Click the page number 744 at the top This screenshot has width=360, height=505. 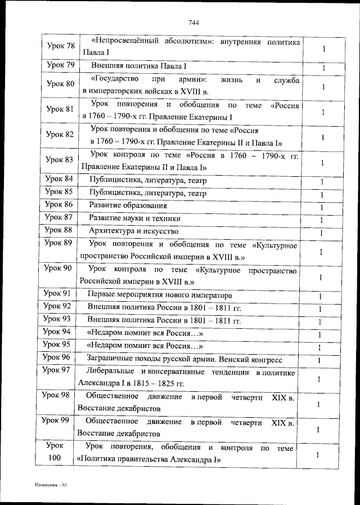pos(194,23)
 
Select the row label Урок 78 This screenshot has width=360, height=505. pos(59,46)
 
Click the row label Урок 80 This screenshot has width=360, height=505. pos(59,84)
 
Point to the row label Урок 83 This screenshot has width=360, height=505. pos(59,159)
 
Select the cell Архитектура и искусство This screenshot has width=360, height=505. pos(134,231)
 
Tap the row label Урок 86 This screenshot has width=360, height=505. pos(59,205)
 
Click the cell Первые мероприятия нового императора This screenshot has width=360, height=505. pos(159,295)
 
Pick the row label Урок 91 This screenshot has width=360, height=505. pos(58,294)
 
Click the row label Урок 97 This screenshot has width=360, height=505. pos(57,370)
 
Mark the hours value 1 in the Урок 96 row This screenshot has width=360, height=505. pos(319,360)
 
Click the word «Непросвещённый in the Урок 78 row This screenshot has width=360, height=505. pos(120,42)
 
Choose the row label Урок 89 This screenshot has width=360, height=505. pos(58,243)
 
